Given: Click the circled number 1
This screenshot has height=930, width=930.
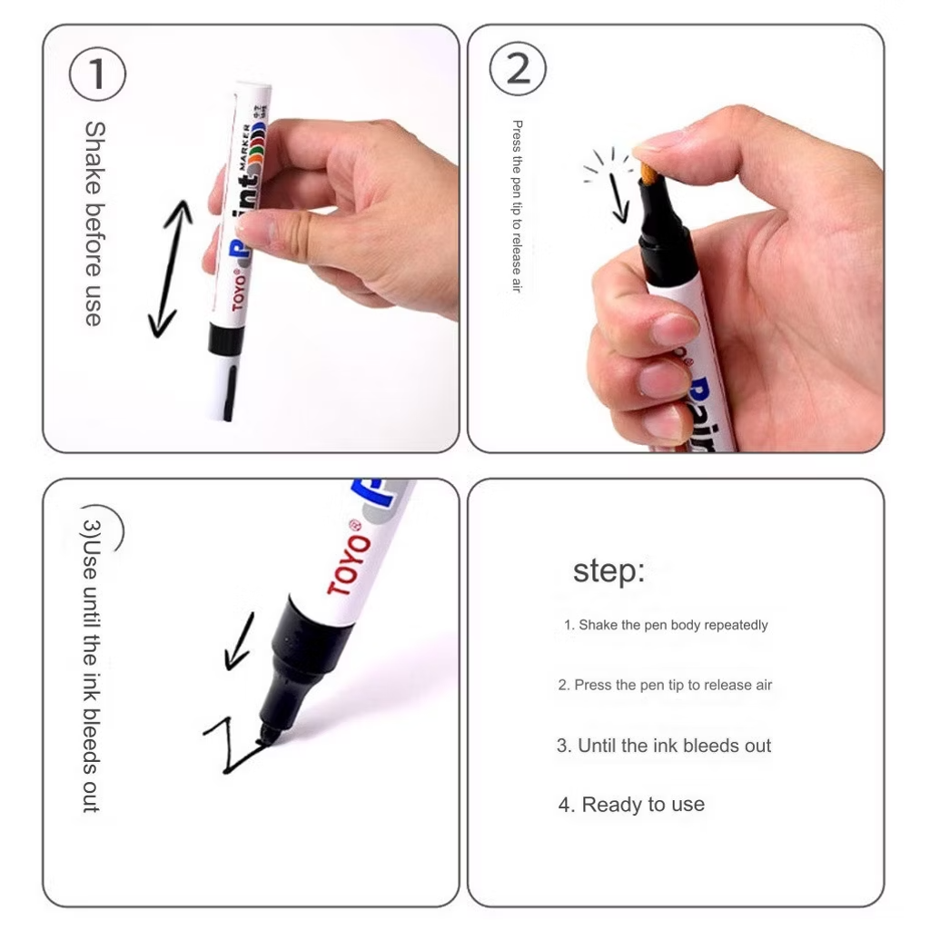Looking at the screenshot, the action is (x=97, y=74).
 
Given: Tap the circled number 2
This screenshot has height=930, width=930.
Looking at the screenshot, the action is (x=518, y=69).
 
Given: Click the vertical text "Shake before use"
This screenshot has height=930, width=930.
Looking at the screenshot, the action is (x=94, y=223).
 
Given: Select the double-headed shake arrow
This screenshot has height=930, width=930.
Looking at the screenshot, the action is (x=171, y=269).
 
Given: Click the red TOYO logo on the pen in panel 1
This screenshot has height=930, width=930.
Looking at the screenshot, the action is (x=239, y=290).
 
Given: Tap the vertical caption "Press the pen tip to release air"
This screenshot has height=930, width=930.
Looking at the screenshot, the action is (x=517, y=206).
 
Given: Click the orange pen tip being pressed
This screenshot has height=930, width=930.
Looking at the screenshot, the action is (x=648, y=173).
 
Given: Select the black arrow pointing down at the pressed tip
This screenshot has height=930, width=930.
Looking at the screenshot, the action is (x=618, y=198).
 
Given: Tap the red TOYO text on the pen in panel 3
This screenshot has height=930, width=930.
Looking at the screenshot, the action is (x=349, y=558).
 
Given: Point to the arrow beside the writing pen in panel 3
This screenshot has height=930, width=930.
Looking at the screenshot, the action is (x=239, y=642).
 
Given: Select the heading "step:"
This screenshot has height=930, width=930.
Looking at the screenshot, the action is (x=608, y=571).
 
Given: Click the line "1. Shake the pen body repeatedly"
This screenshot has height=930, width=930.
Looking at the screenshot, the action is (x=666, y=625).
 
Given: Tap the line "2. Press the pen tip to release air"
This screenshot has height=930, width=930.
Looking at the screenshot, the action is (x=665, y=685).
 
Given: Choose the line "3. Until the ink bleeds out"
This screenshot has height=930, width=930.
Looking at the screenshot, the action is (x=664, y=746).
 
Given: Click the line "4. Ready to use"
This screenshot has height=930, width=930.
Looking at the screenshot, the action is (x=631, y=805).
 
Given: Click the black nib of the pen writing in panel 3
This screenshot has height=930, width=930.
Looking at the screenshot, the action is (x=270, y=735).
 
